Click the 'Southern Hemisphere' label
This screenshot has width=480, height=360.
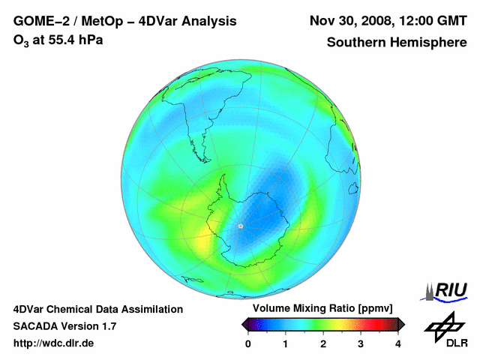396,43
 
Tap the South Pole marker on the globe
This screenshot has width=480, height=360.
241,226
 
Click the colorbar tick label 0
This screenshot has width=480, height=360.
248,343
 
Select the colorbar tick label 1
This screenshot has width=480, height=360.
286,343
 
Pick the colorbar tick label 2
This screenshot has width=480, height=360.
323,343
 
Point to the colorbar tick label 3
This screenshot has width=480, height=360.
361,343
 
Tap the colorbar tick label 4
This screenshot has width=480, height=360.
398,343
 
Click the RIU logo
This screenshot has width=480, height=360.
447,290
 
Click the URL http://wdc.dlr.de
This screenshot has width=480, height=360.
54,343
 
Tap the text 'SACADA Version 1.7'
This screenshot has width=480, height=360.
64,326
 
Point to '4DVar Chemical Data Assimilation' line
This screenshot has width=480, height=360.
97,309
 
